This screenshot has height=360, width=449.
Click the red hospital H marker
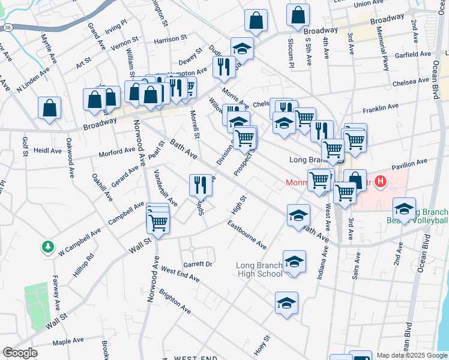pyautogui.click(x=379, y=181)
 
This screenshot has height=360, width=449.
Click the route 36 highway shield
pyautogui.click(x=7, y=28)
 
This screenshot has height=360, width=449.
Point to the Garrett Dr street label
pyautogui.click(x=198, y=264)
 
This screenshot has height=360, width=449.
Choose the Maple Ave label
pyautogui.click(x=68, y=341)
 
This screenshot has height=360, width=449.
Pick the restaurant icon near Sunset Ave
pyautogui.click(x=200, y=185)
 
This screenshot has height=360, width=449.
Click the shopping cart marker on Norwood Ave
pyautogui.click(x=158, y=222)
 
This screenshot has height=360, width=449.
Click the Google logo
pyautogui.click(x=20, y=353)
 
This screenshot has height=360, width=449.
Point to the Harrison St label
pyautogui.click(x=170, y=40)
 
